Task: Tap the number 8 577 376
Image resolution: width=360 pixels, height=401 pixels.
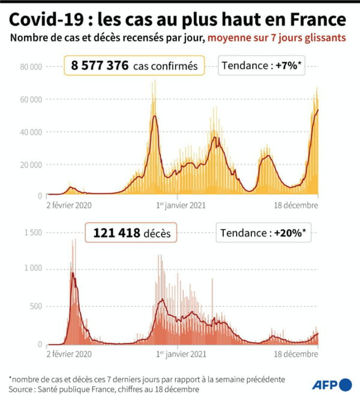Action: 100,66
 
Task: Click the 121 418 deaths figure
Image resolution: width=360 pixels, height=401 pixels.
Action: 113,232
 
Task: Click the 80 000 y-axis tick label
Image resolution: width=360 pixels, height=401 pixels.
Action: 30,67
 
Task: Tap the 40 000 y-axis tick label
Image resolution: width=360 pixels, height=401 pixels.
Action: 30,132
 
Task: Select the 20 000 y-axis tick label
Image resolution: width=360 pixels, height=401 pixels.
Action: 30,164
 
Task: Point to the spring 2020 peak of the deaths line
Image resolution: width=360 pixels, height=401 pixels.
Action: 73,273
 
